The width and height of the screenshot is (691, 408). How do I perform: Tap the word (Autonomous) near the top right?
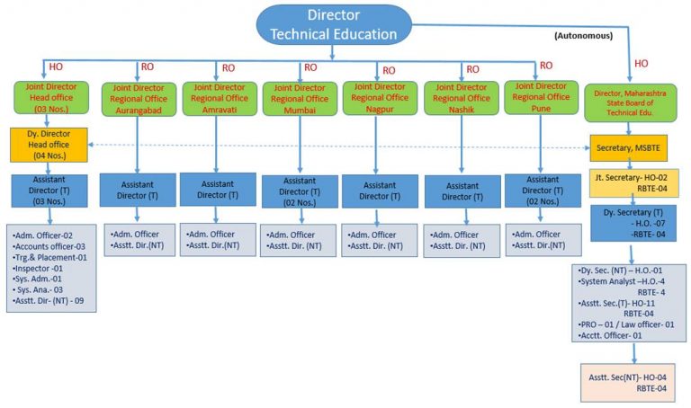(x=578, y=37)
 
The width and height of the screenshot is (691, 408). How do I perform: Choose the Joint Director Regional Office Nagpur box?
(x=378, y=97)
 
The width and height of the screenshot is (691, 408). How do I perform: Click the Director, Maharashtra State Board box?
(x=634, y=101)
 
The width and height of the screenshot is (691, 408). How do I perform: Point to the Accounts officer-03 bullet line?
(x=50, y=246)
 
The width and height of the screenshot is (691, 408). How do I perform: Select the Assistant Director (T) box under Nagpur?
(x=379, y=191)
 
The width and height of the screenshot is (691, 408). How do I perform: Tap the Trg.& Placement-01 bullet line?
(x=50, y=257)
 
